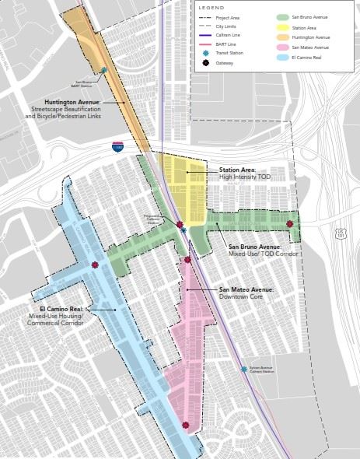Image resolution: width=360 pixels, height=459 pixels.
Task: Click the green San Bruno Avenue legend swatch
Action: point(281,16)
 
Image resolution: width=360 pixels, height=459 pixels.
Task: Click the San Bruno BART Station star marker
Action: point(103,70)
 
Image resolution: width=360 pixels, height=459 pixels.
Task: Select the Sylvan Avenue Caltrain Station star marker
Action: point(243,370)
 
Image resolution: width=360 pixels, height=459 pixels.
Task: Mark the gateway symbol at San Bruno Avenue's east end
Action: point(290,224)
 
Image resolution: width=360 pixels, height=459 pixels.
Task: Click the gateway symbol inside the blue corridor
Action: point(95,265)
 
